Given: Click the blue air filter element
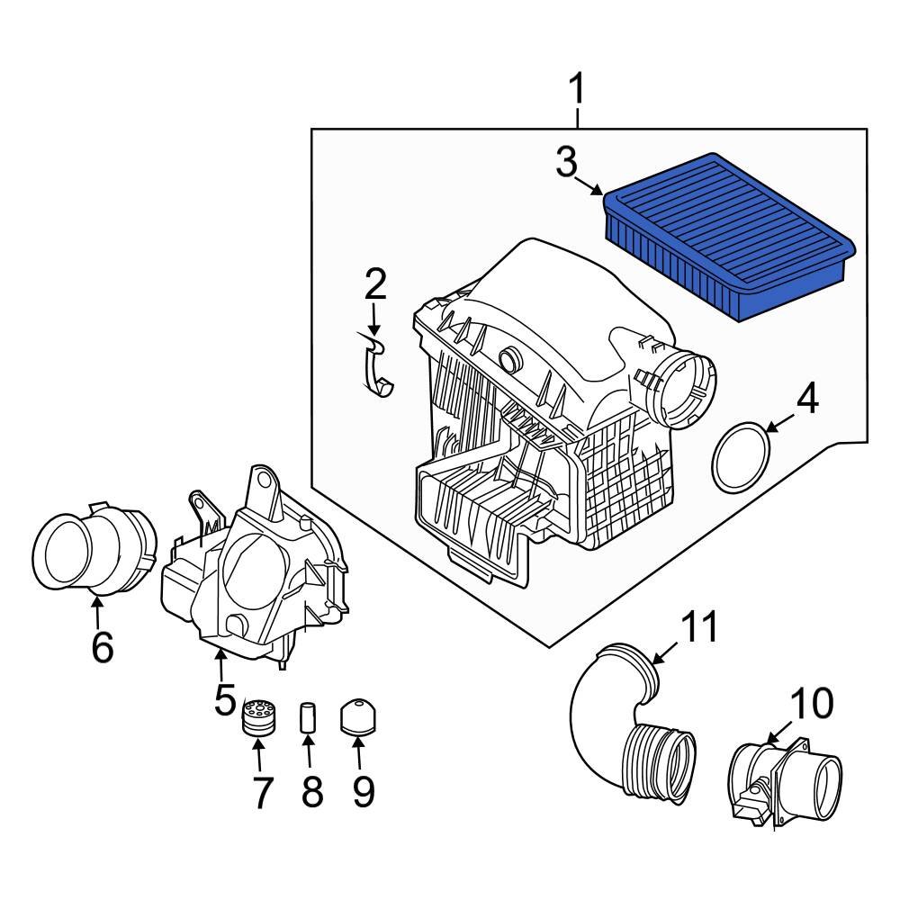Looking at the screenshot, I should click(729, 234).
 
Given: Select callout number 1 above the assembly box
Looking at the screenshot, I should click(576, 90).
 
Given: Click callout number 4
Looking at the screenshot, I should click(807, 399).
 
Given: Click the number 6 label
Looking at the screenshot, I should click(101, 646).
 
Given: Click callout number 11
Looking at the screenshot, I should click(699, 627).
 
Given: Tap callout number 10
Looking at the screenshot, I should click(812, 705).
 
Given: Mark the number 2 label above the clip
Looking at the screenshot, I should click(374, 284).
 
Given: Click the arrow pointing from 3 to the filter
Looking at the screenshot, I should click(590, 185).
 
